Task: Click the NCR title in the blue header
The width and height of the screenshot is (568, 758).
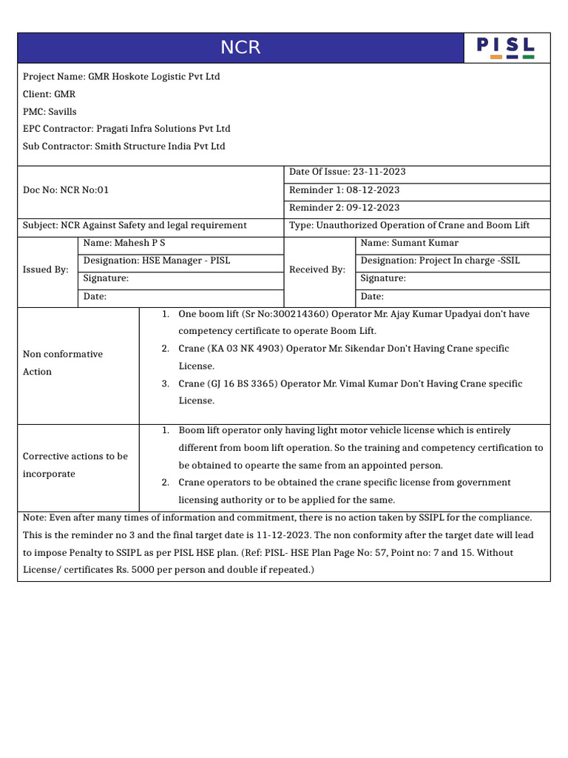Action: tap(240, 48)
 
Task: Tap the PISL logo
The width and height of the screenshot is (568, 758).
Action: tap(506, 48)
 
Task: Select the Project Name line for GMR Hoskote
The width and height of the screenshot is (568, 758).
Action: tap(121, 77)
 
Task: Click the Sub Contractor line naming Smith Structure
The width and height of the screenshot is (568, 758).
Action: tap(124, 147)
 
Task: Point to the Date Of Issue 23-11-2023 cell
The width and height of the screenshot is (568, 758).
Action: tap(347, 172)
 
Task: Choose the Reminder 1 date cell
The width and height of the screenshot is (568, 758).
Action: tap(344, 190)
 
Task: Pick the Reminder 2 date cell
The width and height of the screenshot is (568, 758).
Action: tap(344, 208)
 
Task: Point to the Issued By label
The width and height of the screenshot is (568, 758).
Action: tap(45, 270)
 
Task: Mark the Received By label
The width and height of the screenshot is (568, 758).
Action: tap(317, 270)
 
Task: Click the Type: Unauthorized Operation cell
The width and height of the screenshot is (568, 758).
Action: tap(409, 226)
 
